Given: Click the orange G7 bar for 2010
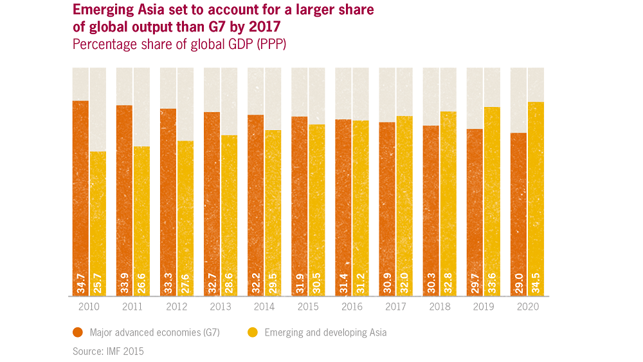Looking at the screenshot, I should [80, 193].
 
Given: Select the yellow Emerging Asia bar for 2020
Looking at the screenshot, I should [536, 193].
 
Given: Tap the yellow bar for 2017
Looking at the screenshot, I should [404, 200].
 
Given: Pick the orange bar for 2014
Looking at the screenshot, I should [255, 200].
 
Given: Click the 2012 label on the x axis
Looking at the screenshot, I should [176, 307].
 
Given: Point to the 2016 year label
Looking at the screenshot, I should [352, 307].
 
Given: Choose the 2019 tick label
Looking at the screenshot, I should [483, 307].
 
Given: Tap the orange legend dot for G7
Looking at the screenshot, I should [78, 333].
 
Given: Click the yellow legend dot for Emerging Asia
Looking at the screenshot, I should [253, 333].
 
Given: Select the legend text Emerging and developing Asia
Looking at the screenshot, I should [325, 333].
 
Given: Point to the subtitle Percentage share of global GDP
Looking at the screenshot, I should [179, 44].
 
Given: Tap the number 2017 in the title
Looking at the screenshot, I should [266, 28].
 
